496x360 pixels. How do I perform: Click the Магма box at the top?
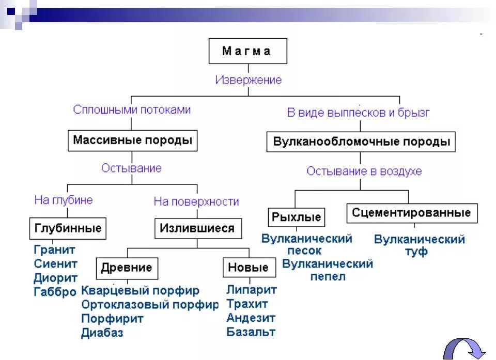point(247,51)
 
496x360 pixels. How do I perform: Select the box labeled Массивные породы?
point(132,140)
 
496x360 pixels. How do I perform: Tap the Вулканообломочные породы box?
point(361,142)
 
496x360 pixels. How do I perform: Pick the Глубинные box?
point(68,228)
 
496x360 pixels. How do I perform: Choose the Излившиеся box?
point(197,228)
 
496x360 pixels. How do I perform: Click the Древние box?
point(127,268)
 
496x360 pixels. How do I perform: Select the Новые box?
point(248,268)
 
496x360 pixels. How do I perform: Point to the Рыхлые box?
point(296,217)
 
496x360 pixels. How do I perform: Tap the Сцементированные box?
point(411,213)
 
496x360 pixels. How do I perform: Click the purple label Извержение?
point(249,80)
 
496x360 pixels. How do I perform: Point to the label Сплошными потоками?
point(132,109)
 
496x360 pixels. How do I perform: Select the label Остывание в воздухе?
point(364,171)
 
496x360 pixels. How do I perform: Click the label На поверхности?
point(196,201)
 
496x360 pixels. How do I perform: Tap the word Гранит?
point(55,250)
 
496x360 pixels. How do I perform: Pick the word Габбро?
point(55,292)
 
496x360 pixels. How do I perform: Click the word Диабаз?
point(102,333)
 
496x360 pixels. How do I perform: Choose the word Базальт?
point(251,332)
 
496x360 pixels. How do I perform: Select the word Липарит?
point(252,290)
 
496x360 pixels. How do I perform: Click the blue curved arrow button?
point(464,348)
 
